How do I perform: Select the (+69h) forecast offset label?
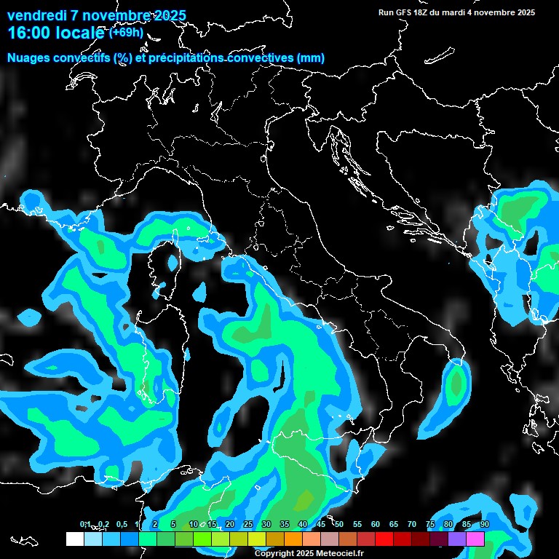point(126,32)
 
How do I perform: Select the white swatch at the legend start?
point(74,539)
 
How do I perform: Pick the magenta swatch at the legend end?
point(475,539)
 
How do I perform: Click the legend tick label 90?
point(485,524)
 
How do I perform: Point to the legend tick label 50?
point(339,524)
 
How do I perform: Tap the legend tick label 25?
point(248,524)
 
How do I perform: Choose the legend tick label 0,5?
point(121,524)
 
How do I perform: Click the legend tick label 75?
point(430,524)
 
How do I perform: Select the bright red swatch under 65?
point(384,539)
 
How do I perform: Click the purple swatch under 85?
point(457,539)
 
